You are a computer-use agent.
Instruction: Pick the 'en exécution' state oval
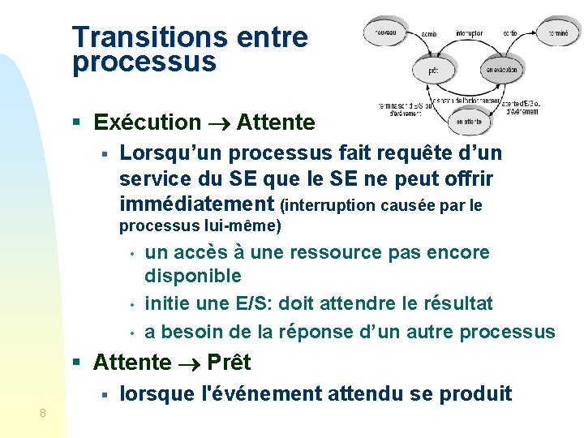coord(501,71)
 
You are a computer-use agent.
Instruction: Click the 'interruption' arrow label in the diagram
coord(469,33)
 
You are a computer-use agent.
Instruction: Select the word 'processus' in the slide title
coord(144,62)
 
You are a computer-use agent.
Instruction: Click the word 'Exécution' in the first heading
coord(148,122)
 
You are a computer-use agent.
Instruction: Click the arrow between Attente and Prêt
coord(189,363)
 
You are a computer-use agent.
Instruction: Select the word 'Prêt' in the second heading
coord(229,363)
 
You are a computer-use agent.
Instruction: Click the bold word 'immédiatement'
coord(195,203)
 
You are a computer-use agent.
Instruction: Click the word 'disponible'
coord(193,277)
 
